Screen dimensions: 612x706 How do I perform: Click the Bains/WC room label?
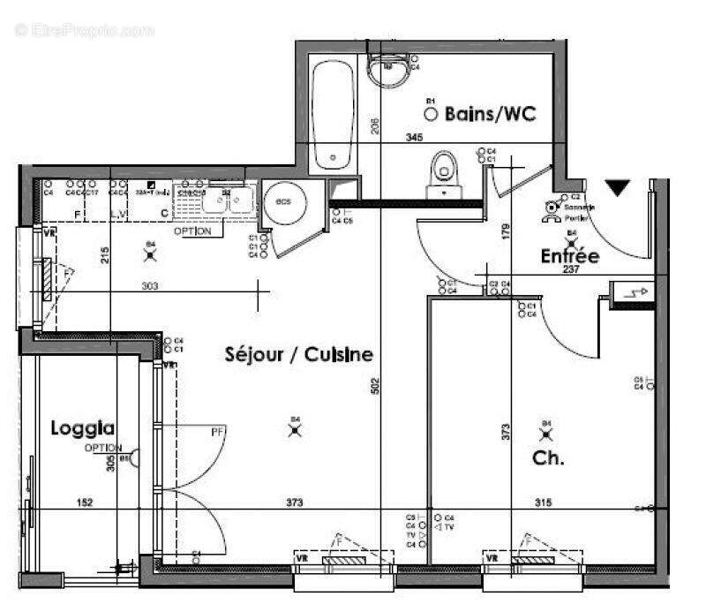tap(491, 114)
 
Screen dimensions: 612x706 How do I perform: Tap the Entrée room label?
tap(569, 256)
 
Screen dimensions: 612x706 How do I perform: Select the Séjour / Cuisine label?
tap(297, 355)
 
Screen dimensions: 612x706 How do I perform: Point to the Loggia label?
tap(82, 428)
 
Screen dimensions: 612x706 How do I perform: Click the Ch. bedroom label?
tap(548, 459)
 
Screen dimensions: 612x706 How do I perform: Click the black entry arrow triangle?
tap(618, 187)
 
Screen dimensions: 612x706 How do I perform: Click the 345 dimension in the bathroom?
tap(414, 137)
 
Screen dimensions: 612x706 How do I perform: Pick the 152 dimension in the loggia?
tap(85, 502)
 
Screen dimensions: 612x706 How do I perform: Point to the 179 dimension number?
tap(507, 231)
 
